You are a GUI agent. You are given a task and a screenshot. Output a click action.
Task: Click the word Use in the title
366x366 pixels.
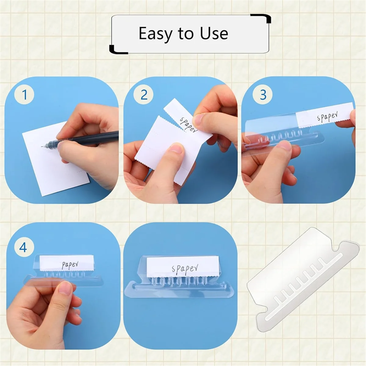(x=214, y=34)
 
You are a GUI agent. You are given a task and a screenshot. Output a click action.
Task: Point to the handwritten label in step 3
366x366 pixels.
(x=327, y=117)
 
